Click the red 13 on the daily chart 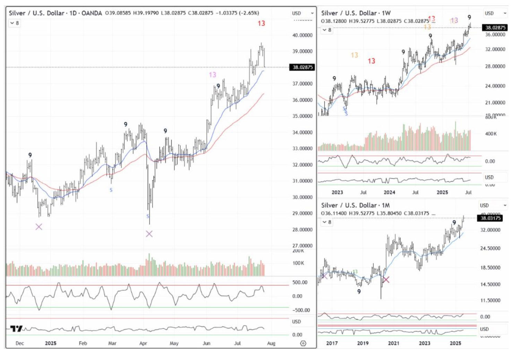pyautogui.click(x=261, y=23)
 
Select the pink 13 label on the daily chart pyautogui.click(x=212, y=74)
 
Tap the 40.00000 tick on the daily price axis pyautogui.click(x=302, y=35)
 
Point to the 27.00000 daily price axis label pyautogui.click(x=302, y=246)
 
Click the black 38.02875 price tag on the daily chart pyautogui.click(x=302, y=67)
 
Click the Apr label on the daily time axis pyautogui.click(x=143, y=343)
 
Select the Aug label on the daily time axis pyautogui.click(x=271, y=343)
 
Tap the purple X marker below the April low pyautogui.click(x=149, y=234)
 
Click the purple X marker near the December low pyautogui.click(x=39, y=227)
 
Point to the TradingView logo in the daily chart pyautogui.click(x=16, y=328)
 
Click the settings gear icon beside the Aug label pyautogui.click(x=303, y=343)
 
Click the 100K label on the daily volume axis pyautogui.click(x=298, y=263)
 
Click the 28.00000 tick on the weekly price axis pyautogui.click(x=495, y=66)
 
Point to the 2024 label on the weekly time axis pyautogui.click(x=389, y=192)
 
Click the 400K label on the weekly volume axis pyautogui.click(x=491, y=134)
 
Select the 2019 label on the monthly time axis pyautogui.click(x=363, y=343)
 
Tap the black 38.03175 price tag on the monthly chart pyautogui.click(x=491, y=218)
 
